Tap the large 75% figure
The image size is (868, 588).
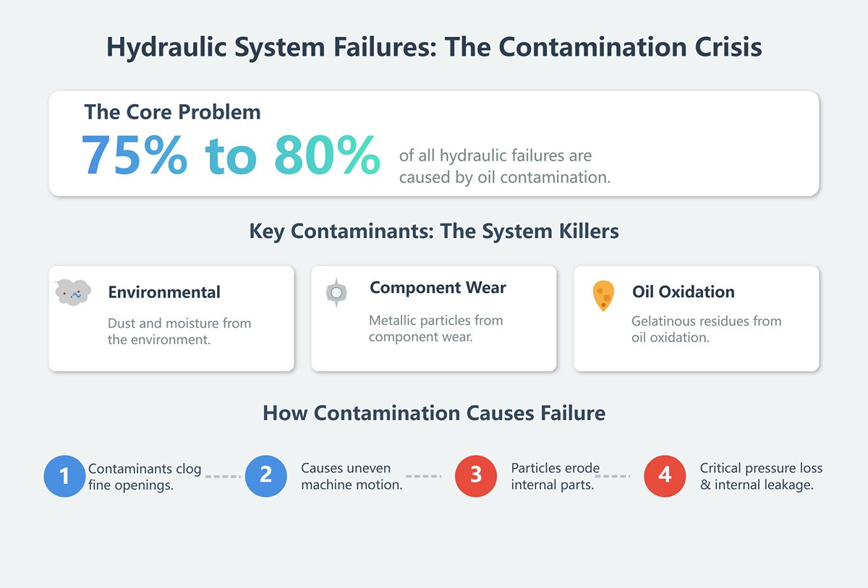coord(134,155)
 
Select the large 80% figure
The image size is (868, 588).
coord(327,155)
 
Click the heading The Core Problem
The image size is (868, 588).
coord(172,112)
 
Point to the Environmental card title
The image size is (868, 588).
coord(164,292)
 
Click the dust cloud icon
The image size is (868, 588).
coord(72,292)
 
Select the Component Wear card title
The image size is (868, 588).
coord(438,288)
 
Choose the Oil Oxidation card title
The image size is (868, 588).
coord(683,292)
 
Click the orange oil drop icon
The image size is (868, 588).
coord(603,295)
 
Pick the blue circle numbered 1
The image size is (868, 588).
coord(65,476)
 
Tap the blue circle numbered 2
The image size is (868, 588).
coord(265,475)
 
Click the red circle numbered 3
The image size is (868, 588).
coord(476,475)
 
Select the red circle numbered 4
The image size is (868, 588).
coord(665,475)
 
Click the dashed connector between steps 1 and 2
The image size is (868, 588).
coord(223,477)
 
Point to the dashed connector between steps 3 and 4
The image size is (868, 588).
coord(617,477)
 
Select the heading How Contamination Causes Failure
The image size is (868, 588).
coord(434,413)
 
